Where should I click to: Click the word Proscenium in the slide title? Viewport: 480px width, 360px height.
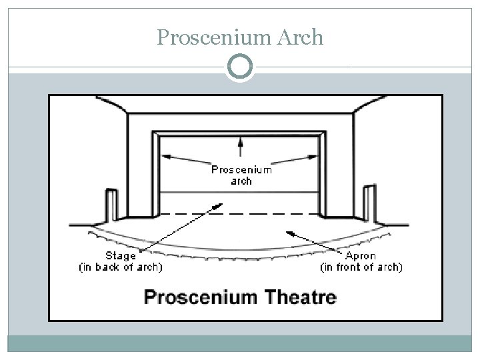coord(212,38)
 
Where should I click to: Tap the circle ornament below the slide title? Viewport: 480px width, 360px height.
coord(240,67)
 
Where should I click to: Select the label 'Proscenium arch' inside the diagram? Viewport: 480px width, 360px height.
coord(241,175)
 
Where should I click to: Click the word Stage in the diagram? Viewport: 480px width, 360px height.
coord(121,256)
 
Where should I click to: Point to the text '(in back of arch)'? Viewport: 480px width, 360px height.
coord(121,267)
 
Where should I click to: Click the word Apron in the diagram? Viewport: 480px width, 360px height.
coord(361,256)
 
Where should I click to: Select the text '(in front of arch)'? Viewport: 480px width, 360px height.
coord(361,267)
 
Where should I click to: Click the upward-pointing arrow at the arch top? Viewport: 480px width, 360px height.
coord(241,141)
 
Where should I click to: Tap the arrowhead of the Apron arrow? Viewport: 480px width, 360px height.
coord(288,233)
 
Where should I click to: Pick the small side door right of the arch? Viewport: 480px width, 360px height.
coord(369,203)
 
